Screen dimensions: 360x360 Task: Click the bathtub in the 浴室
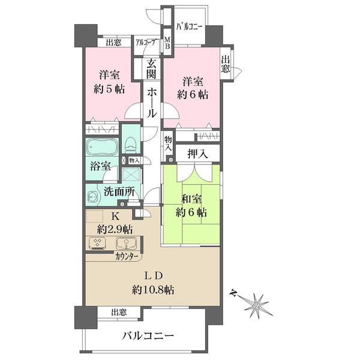tap(102, 147)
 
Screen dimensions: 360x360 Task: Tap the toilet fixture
tap(131, 145)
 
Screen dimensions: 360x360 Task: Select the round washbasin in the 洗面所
tap(93, 197)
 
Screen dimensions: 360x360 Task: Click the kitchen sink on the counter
tap(126, 243)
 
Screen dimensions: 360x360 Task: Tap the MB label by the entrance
tap(167, 43)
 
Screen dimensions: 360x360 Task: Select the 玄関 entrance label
tap(151, 68)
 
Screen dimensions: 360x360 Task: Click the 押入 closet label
tap(197, 154)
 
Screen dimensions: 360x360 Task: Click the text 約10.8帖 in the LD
tap(152, 290)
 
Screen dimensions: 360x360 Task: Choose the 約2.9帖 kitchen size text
tap(115, 229)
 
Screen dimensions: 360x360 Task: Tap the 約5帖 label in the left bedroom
tap(109, 89)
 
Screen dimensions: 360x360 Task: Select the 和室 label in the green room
tap(191, 199)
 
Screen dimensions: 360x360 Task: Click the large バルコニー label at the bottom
tap(148, 337)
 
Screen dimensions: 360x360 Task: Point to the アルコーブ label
tap(147, 43)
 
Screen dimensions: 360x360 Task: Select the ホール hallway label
tap(151, 103)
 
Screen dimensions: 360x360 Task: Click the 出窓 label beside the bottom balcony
tap(119, 312)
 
